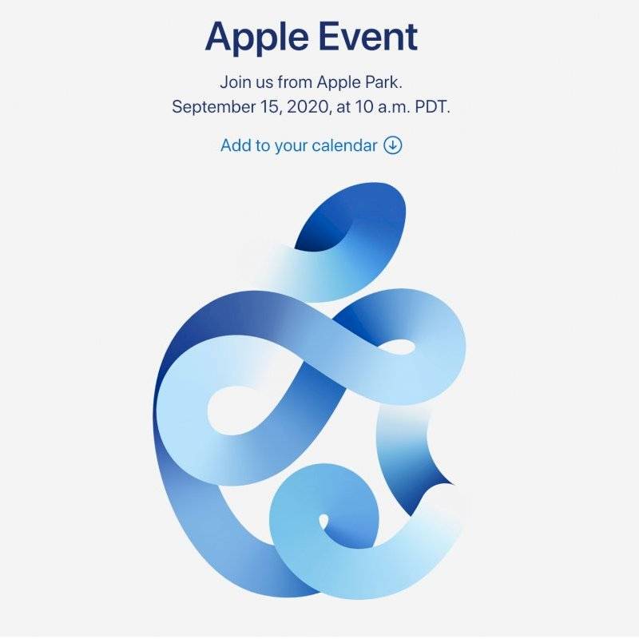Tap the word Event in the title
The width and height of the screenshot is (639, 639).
coord(368,36)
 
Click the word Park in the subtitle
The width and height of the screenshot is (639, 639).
coord(387,82)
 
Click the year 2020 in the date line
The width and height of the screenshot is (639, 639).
coord(308,107)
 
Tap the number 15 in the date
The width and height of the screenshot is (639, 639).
coord(270,107)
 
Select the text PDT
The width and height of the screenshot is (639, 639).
coord(432,107)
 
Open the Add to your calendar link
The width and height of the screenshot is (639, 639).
coord(312,145)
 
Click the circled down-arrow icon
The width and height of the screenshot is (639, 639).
coord(393,145)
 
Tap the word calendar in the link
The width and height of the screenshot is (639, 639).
coord(344,145)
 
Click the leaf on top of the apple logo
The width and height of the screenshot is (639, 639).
coord(351,240)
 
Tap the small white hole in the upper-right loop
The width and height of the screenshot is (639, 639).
coord(397,347)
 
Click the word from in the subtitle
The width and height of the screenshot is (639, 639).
coord(295,82)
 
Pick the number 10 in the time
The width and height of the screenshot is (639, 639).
coord(363,107)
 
